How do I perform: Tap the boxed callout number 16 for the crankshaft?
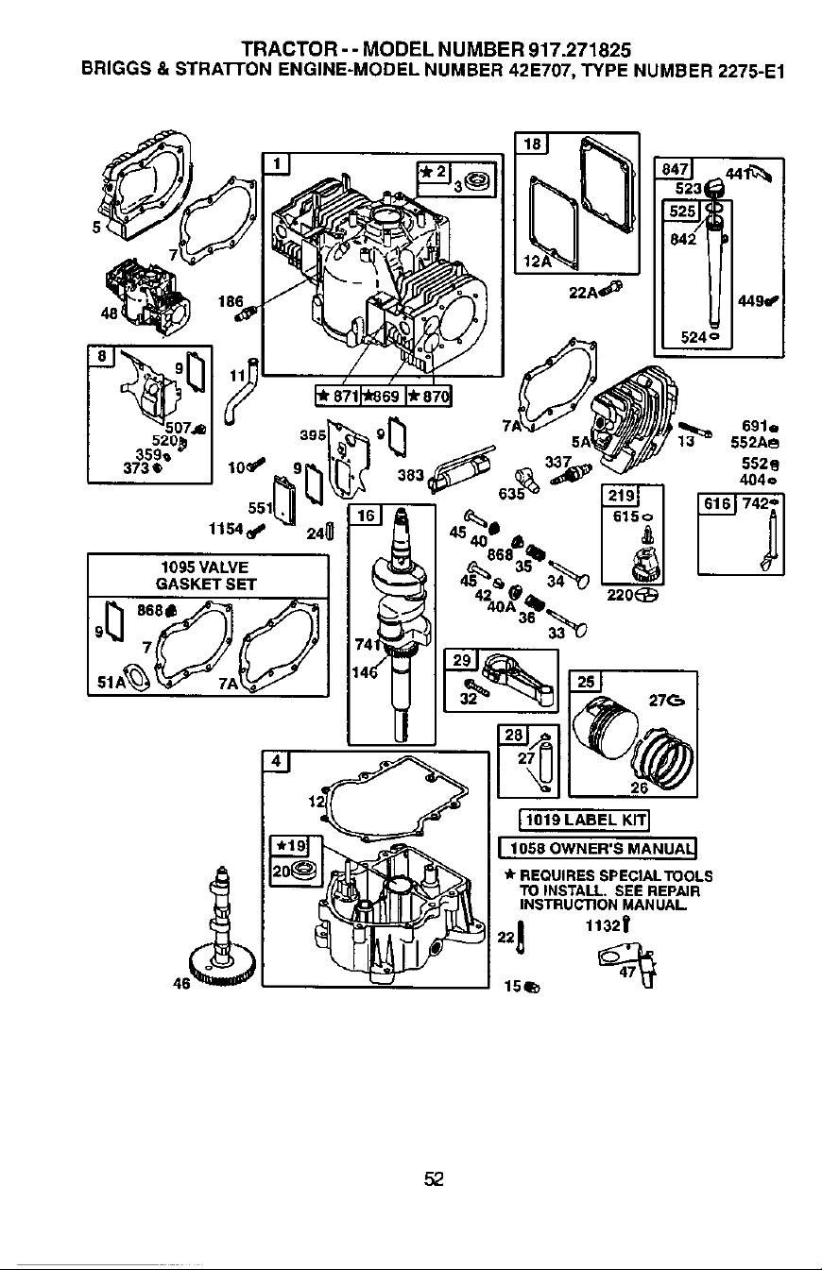pyautogui.click(x=366, y=515)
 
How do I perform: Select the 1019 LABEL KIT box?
pyautogui.click(x=584, y=820)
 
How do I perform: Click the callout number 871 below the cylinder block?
pyautogui.click(x=345, y=396)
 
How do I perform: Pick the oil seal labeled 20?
pyautogui.click(x=304, y=870)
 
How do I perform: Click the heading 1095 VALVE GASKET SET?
pyautogui.click(x=205, y=575)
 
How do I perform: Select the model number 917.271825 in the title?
pyautogui.click(x=579, y=50)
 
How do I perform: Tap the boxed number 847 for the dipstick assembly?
pyautogui.click(x=674, y=169)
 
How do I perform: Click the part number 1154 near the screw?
pyautogui.click(x=226, y=529)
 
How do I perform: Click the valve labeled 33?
pyautogui.click(x=566, y=620)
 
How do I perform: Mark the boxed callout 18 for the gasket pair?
pyautogui.click(x=532, y=144)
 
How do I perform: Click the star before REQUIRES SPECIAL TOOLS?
pyautogui.click(x=509, y=874)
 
